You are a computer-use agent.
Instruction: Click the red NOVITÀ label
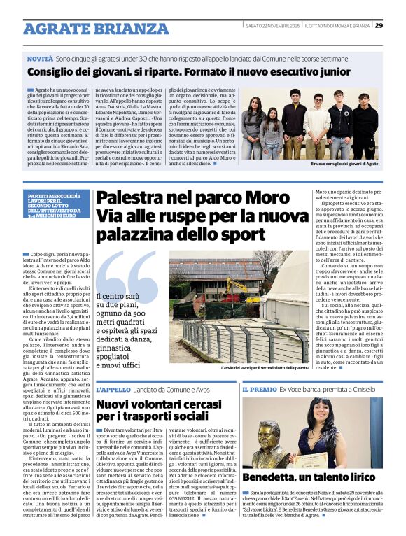41,61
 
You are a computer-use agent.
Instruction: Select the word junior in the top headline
330,71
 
